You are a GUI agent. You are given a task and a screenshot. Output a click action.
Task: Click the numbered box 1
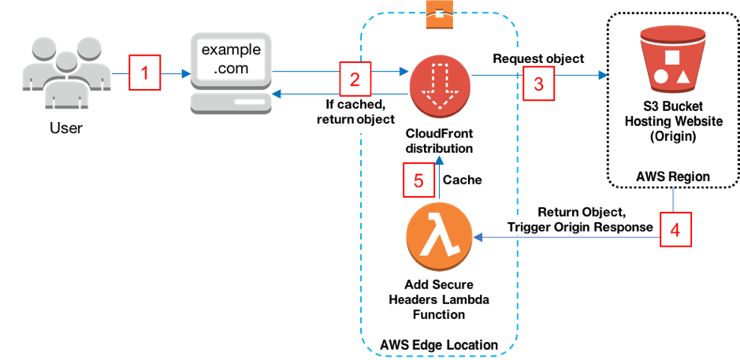[144, 75]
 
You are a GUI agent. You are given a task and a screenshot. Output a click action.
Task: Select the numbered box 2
[355, 78]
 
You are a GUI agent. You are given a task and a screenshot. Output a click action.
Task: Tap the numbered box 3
[538, 84]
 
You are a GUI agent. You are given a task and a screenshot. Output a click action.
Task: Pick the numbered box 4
[675, 230]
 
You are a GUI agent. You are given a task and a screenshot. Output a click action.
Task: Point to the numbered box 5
[418, 180]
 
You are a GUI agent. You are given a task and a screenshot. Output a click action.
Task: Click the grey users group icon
[66, 74]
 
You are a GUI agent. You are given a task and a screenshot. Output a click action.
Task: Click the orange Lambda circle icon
[439, 239]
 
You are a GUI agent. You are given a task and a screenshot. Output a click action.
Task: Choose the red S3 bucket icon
[672, 59]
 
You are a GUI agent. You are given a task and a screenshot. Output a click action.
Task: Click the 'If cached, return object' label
[355, 113]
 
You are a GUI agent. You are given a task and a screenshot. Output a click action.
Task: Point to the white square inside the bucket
[672, 57]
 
